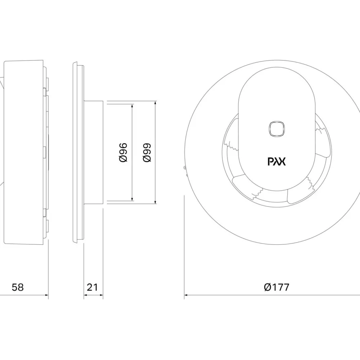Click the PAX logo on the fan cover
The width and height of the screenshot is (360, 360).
click(x=276, y=161)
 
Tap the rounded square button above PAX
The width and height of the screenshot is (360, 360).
click(x=276, y=129)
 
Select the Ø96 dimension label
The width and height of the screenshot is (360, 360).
click(x=123, y=152)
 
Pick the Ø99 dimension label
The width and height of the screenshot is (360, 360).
click(x=147, y=152)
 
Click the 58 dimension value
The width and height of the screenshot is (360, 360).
click(x=18, y=287)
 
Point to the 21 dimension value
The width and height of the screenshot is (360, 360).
click(x=92, y=287)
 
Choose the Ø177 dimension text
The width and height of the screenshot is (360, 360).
click(x=276, y=287)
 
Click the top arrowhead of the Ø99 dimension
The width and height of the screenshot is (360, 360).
click(x=156, y=103)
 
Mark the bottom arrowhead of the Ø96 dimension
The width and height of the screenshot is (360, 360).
click(x=132, y=199)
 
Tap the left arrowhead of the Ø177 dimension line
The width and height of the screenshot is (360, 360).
click(x=186, y=295)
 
